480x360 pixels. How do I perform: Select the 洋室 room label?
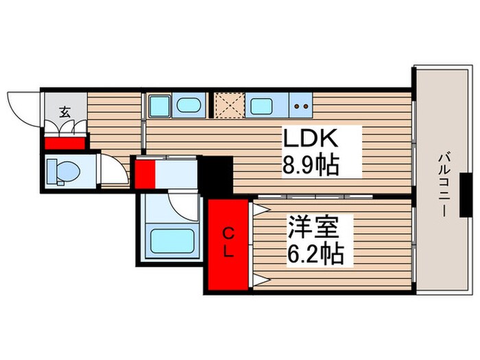pos(311,227)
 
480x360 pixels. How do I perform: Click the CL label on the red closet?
pos(228,241)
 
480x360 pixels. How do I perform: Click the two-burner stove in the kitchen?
pos(300,106)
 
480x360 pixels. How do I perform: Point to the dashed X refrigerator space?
pos(226,106)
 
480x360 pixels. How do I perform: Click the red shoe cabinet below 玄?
pos(64,144)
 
